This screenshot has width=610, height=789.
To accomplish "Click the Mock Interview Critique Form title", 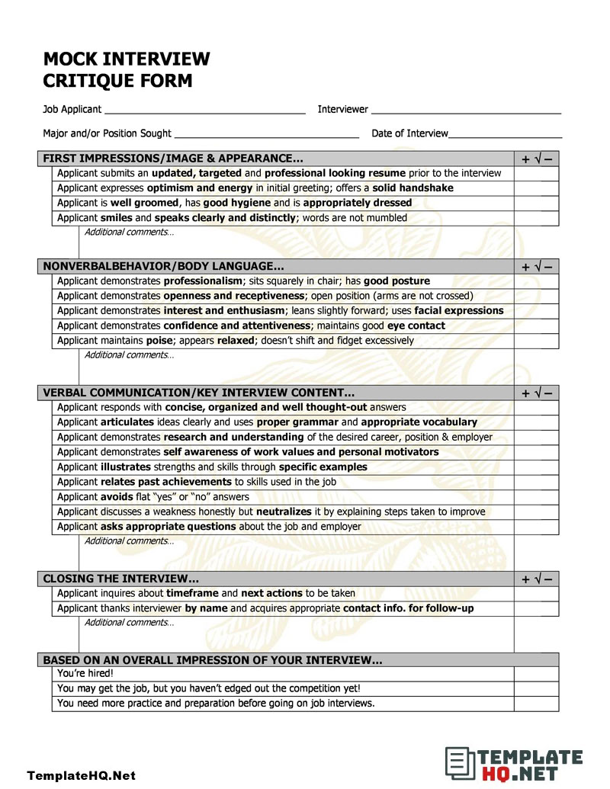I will [126, 69].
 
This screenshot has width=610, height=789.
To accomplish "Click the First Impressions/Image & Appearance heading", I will [172, 159].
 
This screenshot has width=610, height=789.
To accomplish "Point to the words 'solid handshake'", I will [413, 188].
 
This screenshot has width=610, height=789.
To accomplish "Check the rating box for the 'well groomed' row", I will [536, 204].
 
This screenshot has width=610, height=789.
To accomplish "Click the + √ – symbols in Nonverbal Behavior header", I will [536, 267].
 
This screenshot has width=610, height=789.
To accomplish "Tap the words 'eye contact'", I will [416, 326].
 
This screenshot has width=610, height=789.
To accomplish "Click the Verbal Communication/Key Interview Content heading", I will [198, 393].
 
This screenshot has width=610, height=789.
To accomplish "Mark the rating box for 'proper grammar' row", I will [536, 422].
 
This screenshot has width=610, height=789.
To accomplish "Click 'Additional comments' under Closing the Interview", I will [129, 623].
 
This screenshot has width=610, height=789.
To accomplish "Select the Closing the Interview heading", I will [121, 579].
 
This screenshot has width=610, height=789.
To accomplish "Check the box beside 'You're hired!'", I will [536, 674].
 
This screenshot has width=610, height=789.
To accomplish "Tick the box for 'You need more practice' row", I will [536, 704].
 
